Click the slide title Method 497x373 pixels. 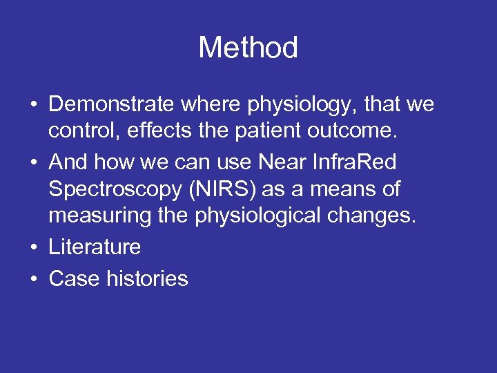pyautogui.click(x=248, y=48)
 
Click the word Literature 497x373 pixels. pyautogui.click(x=95, y=247)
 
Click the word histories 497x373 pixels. pyautogui.click(x=147, y=279)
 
